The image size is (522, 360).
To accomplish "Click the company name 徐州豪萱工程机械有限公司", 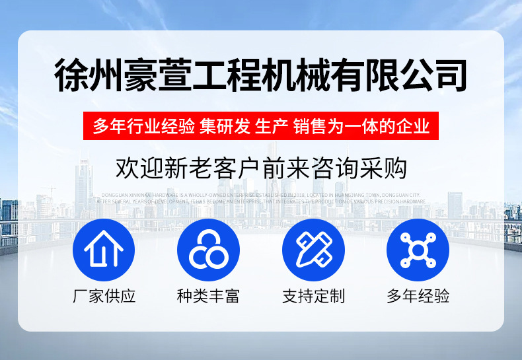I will coord(260,75).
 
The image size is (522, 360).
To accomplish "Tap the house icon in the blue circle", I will coord(104,250).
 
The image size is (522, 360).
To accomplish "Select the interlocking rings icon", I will coord(208,250).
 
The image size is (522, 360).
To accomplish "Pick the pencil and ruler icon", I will coord(313,250).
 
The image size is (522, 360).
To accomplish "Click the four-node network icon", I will coord(418,250).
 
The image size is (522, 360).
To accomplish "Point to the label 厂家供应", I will coord(104,296).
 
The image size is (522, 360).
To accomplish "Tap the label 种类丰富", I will coord(208,296).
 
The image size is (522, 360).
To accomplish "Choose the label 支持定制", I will coord(313,296).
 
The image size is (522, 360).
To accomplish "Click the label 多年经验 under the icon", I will coord(418,296).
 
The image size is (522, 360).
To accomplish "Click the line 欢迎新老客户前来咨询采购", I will coord(260,168).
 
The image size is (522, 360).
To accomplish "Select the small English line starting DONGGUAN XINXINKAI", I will coord(260,196).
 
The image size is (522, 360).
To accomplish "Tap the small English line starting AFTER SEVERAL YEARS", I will coord(260,201).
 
